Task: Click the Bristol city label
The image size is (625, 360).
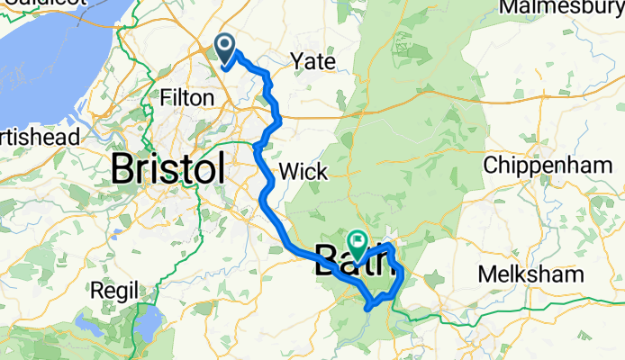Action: pos(168,168)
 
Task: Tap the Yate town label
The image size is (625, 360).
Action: pos(312,62)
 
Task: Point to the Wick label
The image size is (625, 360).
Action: pos(298,170)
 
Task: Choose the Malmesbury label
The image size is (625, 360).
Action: pos(561,8)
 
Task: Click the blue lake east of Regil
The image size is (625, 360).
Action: pos(147,319)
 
